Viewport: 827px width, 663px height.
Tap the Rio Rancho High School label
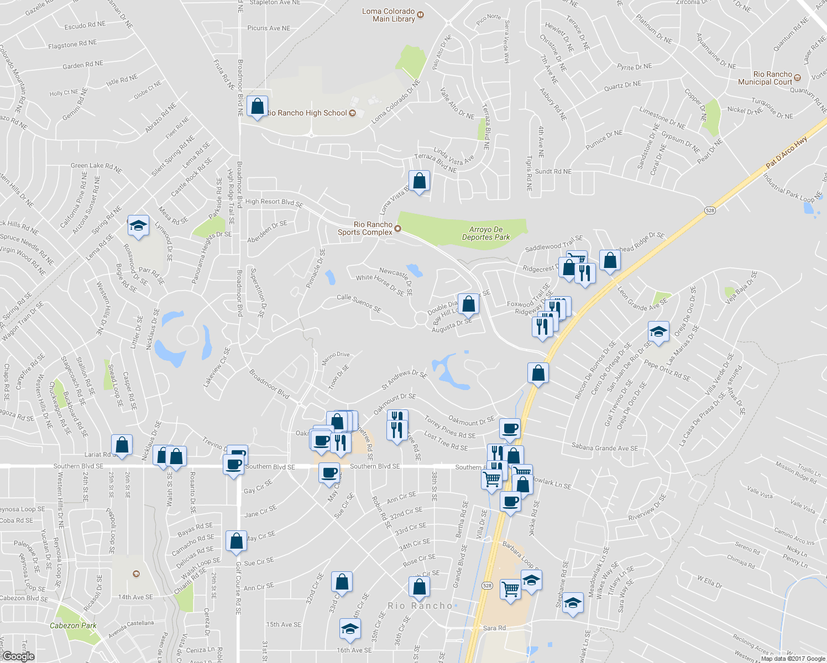click(307, 113)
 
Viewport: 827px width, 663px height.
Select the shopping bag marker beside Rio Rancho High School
click(258, 106)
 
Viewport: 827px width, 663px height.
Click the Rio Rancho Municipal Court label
click(765, 78)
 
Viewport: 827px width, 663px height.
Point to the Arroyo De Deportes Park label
click(486, 233)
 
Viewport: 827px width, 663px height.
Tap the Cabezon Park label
click(73, 625)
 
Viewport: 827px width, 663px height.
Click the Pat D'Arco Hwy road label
click(786, 152)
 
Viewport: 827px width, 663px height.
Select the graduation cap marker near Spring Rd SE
click(138, 225)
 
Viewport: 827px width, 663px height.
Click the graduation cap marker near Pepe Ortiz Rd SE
click(658, 331)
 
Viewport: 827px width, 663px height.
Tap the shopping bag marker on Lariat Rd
click(122, 445)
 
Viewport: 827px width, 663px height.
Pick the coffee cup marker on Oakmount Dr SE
click(510, 428)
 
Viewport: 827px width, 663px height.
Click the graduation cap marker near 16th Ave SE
click(350, 629)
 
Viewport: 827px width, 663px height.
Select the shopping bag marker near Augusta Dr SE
click(468, 304)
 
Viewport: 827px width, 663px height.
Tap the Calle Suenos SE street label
click(359, 302)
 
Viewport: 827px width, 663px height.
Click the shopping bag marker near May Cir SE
click(236, 541)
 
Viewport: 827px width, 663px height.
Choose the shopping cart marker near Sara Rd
click(510, 589)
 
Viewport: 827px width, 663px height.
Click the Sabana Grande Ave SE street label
click(604, 448)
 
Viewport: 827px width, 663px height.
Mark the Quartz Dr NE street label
click(622, 86)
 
